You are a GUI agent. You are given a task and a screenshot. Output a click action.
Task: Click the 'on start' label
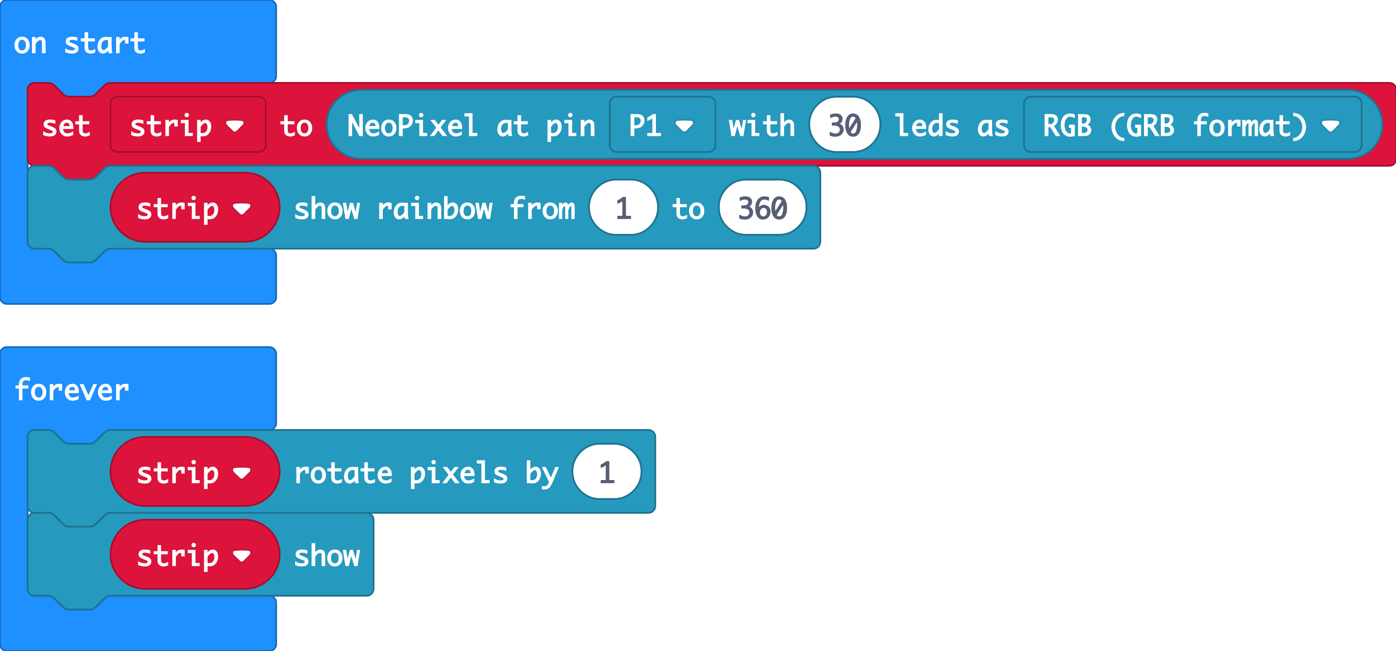point(80,43)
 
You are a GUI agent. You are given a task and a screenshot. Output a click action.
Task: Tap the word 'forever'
point(72,390)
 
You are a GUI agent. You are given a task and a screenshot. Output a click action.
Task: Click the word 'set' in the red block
point(66,126)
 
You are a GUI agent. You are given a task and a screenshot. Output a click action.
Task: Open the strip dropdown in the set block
point(188,126)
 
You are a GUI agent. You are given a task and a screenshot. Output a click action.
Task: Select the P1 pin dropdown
point(661,126)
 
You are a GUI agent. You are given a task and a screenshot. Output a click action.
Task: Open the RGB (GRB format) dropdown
point(1192,126)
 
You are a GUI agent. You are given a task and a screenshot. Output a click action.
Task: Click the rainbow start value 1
point(623,209)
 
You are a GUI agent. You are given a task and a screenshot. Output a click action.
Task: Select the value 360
point(763,209)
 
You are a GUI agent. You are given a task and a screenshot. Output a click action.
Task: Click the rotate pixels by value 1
point(606,473)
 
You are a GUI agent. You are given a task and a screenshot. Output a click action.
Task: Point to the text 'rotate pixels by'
point(426,473)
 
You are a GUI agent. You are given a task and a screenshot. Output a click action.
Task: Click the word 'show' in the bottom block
point(327,556)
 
